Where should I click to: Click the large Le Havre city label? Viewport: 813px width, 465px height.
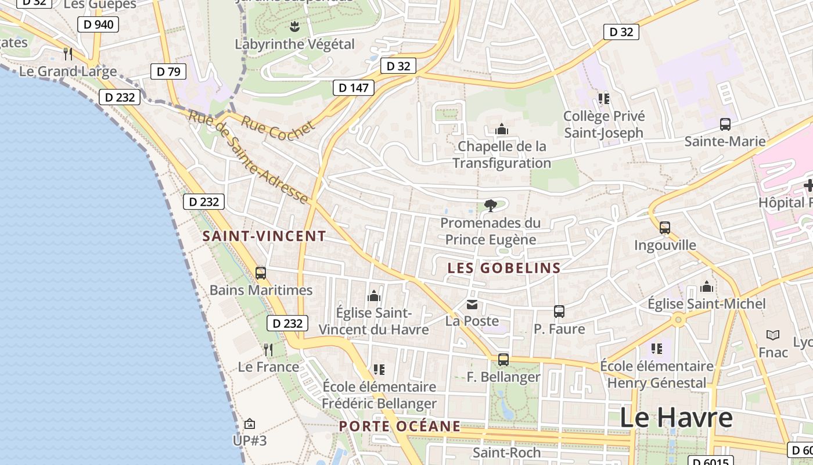point(676,418)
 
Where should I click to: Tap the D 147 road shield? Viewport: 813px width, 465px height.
point(353,88)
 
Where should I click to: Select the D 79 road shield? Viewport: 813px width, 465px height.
point(168,71)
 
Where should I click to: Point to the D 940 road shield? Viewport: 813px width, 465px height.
point(98,24)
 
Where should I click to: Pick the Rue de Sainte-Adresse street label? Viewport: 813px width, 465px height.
point(248,158)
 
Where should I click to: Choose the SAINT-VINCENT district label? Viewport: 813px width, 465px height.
point(264,236)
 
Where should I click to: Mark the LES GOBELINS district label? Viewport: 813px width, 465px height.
point(504,268)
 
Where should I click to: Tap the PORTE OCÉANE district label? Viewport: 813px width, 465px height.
point(400,426)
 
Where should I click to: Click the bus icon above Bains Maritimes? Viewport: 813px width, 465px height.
point(261,273)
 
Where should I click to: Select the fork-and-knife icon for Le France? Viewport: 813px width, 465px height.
point(268,349)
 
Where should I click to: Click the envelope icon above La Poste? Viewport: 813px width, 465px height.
point(472,304)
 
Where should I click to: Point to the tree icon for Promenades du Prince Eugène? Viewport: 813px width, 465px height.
point(491,205)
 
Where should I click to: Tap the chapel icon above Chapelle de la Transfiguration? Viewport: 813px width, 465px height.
point(501,129)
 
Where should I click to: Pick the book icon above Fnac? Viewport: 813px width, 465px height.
point(773,335)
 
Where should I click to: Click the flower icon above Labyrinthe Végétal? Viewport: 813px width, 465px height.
point(294,26)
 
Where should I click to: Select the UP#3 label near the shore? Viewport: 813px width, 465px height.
point(250,440)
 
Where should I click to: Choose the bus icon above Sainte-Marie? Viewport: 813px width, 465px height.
point(725,124)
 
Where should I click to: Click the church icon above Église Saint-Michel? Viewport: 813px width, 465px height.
point(707,287)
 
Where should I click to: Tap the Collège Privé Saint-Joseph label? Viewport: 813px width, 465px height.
point(604,124)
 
